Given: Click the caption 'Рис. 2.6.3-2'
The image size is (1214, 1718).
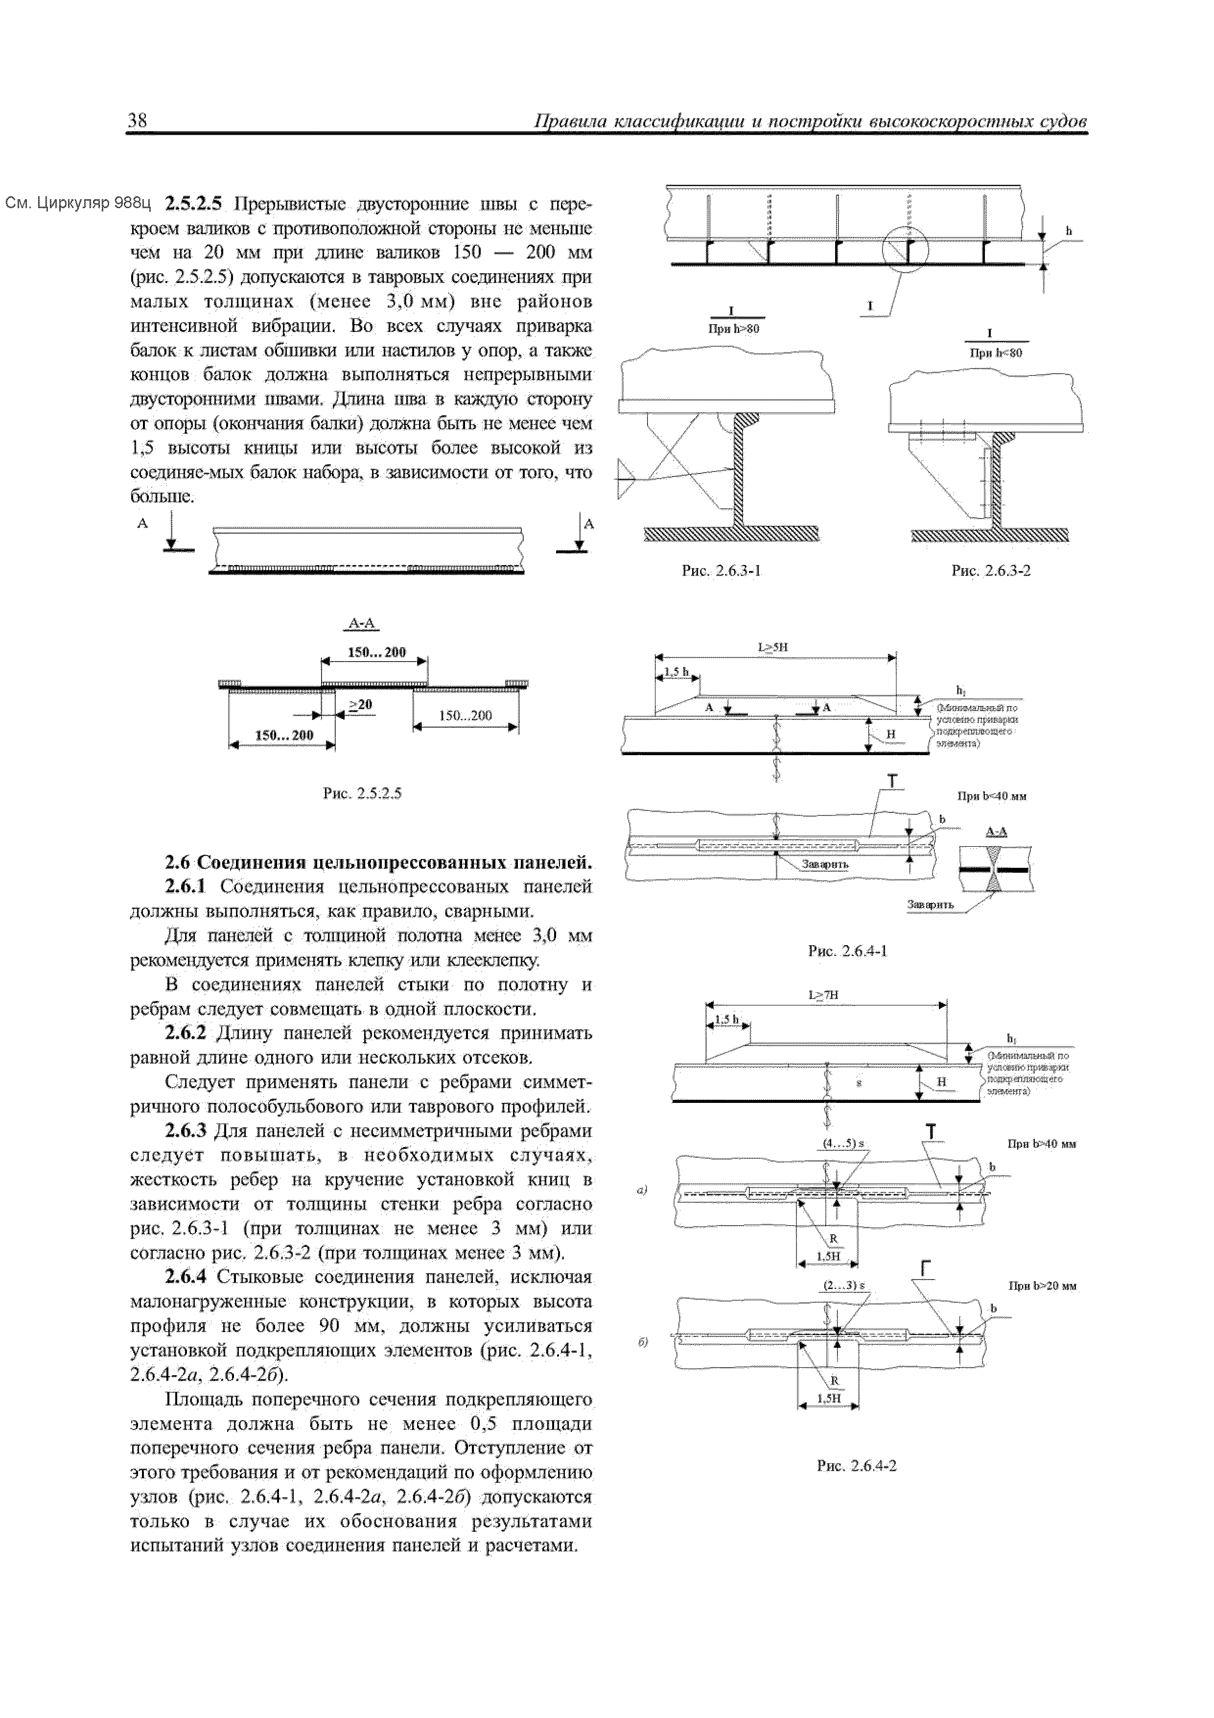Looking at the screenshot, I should (990, 570).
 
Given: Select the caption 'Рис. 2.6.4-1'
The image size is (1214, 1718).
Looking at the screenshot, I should (847, 951).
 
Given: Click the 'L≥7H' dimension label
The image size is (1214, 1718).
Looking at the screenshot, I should (823, 995).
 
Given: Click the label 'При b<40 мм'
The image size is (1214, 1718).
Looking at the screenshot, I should (992, 796).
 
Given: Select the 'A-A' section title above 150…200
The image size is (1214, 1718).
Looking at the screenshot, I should (364, 624).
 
